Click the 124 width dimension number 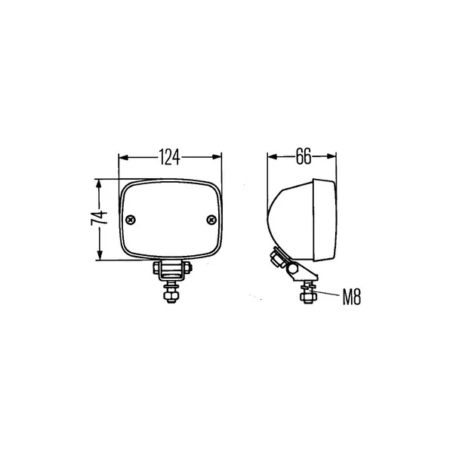(x=170, y=157)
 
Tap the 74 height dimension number (x=99, y=218)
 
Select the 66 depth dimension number (x=304, y=156)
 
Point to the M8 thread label (x=352, y=297)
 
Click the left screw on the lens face (x=131, y=220)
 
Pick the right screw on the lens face (x=211, y=220)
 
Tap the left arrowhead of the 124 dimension (x=123, y=157)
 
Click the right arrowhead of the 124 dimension (x=217, y=157)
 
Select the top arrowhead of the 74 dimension (x=100, y=184)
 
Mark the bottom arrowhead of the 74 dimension (x=100, y=255)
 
